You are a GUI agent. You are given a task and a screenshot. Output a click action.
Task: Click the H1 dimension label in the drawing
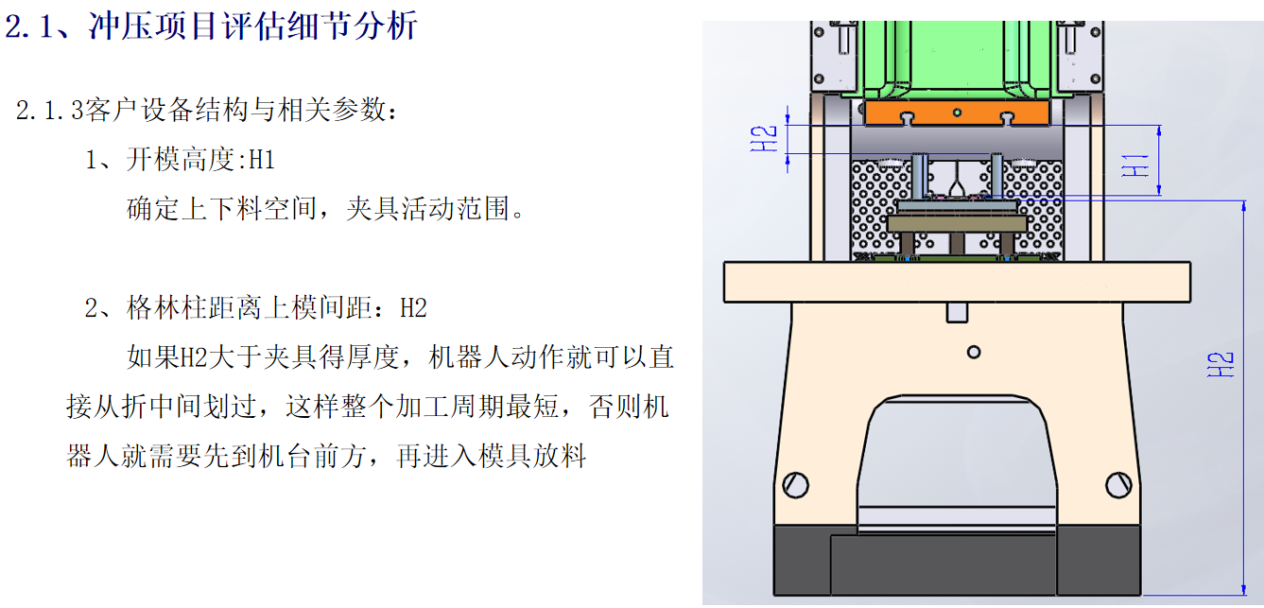1134,165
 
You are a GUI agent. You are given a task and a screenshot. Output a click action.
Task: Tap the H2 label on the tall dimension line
1220,365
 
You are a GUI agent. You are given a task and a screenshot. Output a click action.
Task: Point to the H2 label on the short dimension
764,139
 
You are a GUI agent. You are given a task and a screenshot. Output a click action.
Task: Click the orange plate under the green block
957,113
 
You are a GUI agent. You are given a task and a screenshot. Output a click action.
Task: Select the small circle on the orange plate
957,113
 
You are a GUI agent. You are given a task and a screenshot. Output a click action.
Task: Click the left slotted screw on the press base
796,485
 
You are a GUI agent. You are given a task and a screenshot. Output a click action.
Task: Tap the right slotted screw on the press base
1118,485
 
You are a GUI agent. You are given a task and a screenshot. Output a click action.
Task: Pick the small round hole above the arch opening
974,353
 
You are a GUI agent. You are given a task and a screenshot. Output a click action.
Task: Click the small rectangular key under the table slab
957,313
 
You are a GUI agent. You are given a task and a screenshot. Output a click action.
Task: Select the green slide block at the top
957,60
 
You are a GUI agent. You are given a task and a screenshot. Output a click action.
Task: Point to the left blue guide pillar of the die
919,176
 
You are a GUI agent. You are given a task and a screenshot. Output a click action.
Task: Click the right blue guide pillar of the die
996,175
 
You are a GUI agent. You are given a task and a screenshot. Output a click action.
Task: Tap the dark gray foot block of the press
957,560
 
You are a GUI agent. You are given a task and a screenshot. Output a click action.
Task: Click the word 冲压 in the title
120,26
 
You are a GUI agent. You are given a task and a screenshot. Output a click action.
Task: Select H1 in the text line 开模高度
262,161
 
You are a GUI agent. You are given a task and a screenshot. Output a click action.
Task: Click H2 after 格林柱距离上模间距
413,308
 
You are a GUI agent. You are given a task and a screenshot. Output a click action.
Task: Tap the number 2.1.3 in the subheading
50,110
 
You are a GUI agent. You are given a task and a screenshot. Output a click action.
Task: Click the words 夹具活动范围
427,209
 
